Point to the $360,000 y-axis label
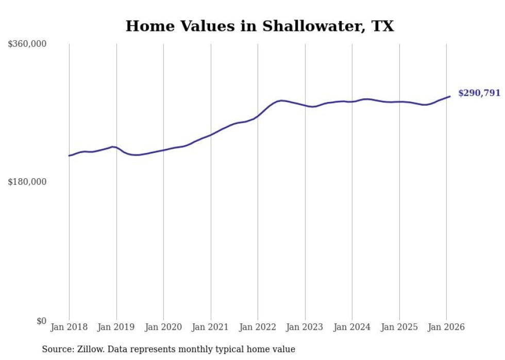(27, 44)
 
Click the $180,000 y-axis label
(27, 182)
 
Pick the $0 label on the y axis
(41, 321)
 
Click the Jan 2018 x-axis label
(69, 327)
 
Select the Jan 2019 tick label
(116, 327)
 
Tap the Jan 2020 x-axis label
(163, 327)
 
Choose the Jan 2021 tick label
(211, 327)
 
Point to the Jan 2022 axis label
(258, 327)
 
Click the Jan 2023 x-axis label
(305, 327)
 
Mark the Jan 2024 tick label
(352, 327)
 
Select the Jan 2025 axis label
(399, 327)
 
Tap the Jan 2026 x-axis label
(446, 327)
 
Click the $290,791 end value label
(479, 93)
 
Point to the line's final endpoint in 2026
(450, 96)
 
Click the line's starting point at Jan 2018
(70, 155)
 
